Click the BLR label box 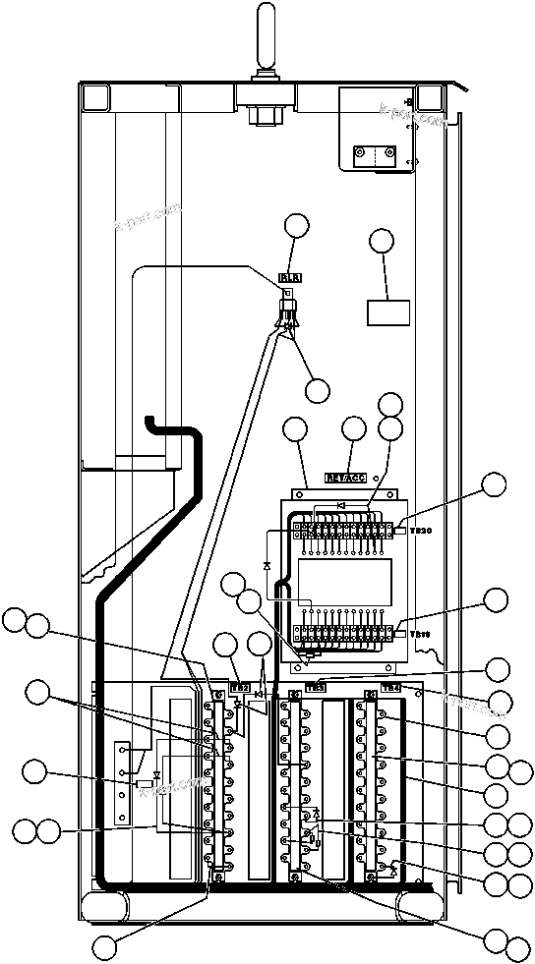pyautogui.click(x=290, y=278)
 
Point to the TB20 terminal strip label pyautogui.click(x=420, y=531)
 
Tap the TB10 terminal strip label pyautogui.click(x=420, y=634)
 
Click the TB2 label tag pyautogui.click(x=239, y=687)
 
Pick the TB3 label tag pyautogui.click(x=316, y=687)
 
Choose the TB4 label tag pyautogui.click(x=390, y=687)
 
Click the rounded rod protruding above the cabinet pyautogui.click(x=266, y=34)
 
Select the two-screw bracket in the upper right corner pyautogui.click(x=375, y=155)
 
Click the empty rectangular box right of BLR pyautogui.click(x=387, y=312)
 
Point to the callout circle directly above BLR pyautogui.click(x=296, y=227)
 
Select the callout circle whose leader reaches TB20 pyautogui.click(x=495, y=483)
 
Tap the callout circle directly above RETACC pyautogui.click(x=353, y=428)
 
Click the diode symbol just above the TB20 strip pyautogui.click(x=341, y=505)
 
